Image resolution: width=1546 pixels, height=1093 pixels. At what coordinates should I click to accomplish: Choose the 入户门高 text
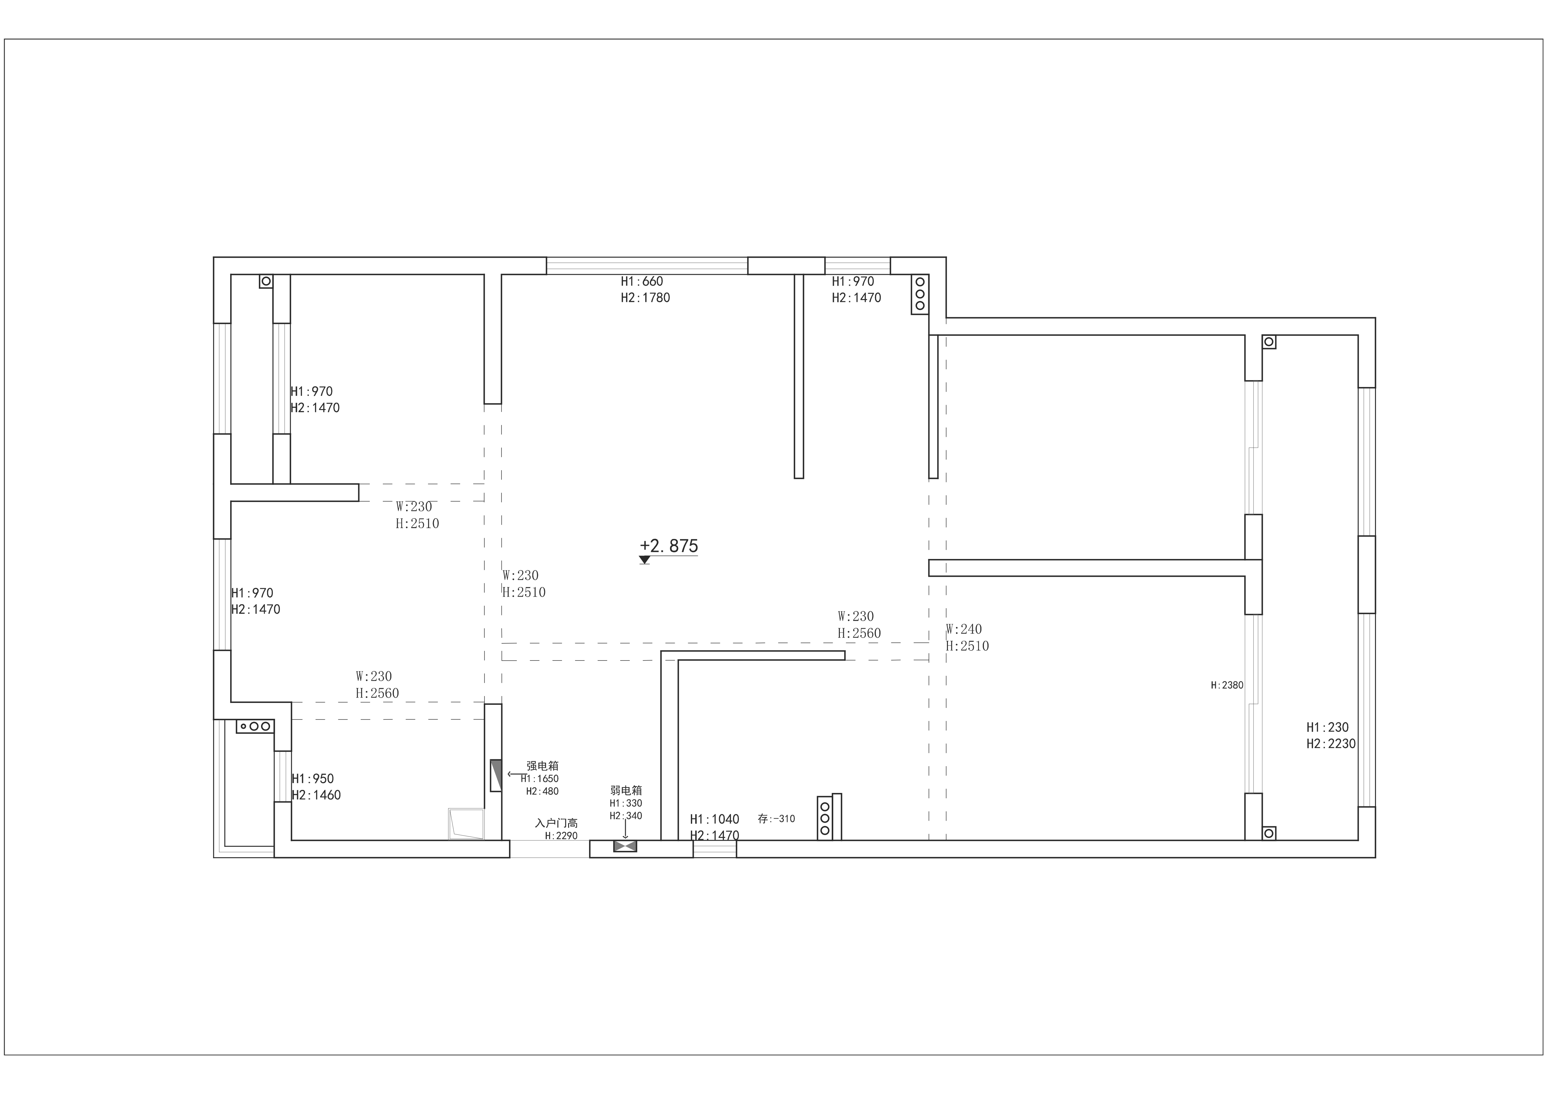pos(556,823)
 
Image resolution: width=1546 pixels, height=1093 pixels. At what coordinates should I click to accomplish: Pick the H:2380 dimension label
pos(1227,685)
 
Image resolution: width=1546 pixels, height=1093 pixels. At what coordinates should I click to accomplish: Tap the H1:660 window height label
pos(642,281)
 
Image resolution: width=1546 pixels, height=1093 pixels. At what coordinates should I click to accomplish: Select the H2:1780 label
pos(645,298)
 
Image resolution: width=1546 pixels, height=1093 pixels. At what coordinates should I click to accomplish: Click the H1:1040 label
pos(714,819)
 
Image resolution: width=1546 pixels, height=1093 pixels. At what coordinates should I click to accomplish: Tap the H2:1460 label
pos(316,795)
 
